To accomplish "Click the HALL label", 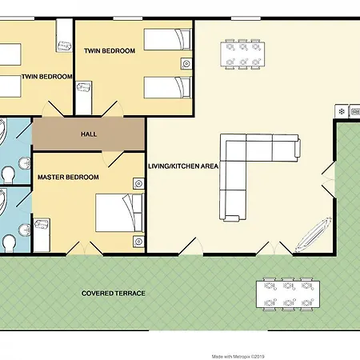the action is (89, 134).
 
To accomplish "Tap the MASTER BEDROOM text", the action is (68, 177).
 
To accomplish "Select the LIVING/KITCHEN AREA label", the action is (183, 166).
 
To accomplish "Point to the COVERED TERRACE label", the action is (114, 294).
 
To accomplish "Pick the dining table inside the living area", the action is (242, 54).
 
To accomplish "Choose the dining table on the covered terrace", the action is (288, 294).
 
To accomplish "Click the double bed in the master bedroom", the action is (120, 213).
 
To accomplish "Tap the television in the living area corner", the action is (313, 234).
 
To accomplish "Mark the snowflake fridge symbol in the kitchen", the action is (342, 111).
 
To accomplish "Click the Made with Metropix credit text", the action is (238, 357).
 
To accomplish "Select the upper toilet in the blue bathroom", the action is (7, 174).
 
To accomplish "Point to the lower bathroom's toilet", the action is (9, 243).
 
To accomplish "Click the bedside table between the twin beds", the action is (186, 64).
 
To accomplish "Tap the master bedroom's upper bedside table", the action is (138, 183).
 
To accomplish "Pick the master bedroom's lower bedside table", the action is (138, 242).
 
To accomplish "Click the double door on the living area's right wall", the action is (328, 179).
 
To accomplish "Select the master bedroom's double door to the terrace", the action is (85, 249).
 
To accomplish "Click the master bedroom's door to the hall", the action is (113, 159).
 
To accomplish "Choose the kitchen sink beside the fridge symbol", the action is (355, 111).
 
